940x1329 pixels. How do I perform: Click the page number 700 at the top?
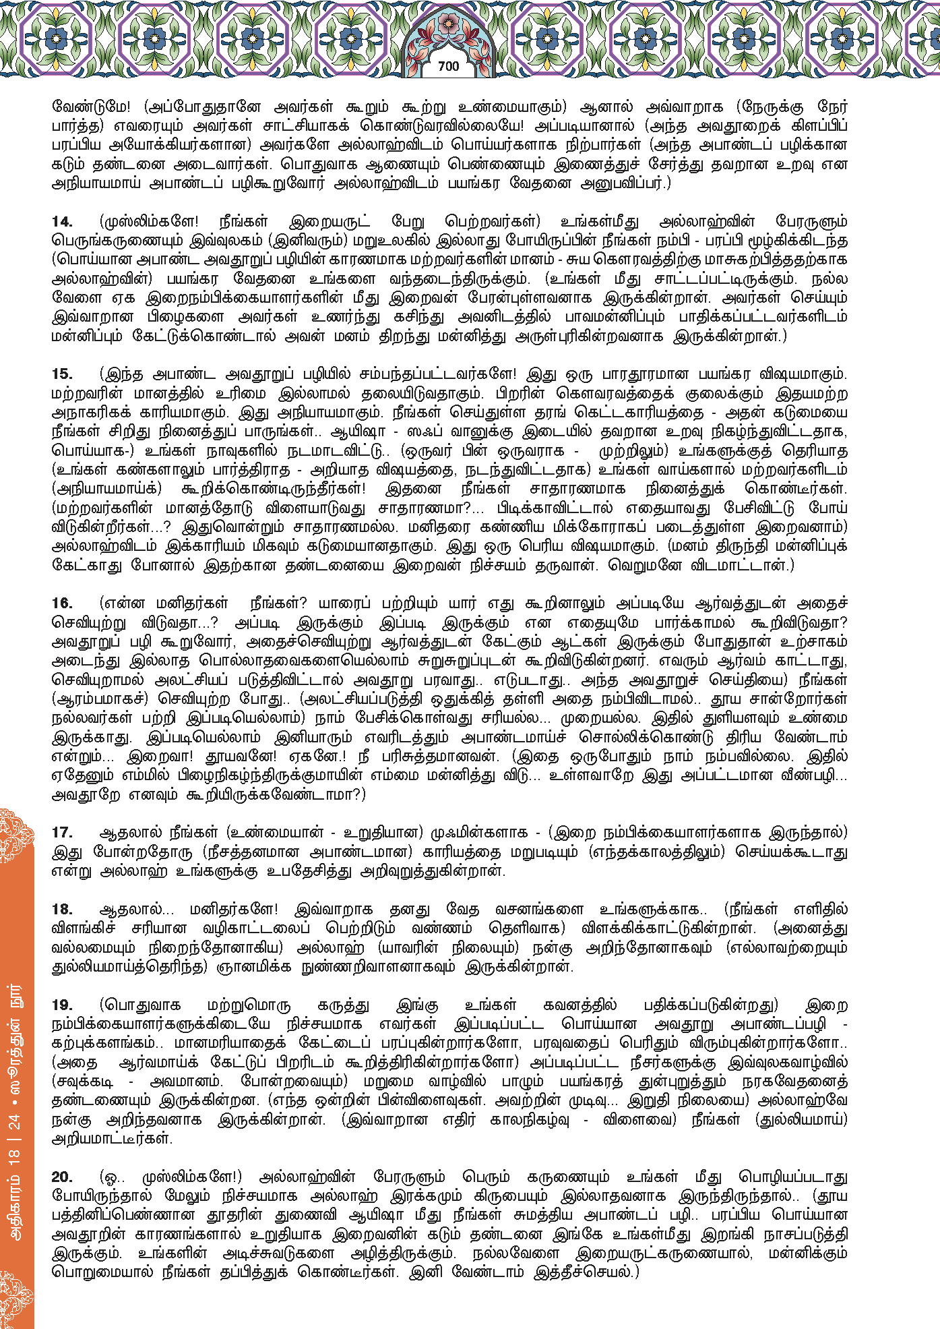448,66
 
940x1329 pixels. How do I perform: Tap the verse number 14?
63,222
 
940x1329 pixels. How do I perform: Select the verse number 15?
63,374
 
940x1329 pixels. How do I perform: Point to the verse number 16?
63,603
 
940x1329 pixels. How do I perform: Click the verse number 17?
63,833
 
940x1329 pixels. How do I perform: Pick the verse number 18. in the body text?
63,909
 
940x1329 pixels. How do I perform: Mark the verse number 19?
63,1005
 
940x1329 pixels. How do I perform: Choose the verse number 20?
63,1177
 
